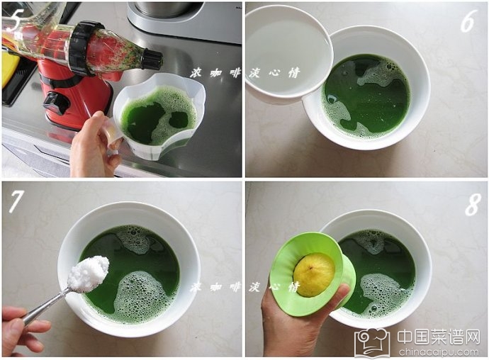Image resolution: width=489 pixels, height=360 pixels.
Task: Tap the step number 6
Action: (468, 21)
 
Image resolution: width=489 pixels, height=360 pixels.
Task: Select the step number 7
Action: (16, 201)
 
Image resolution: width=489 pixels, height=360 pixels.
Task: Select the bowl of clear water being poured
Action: (288, 53)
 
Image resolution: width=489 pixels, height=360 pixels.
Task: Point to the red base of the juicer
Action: (75, 94)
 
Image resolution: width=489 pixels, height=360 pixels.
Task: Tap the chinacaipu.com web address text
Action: (439, 352)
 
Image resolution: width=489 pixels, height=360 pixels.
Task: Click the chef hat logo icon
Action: (373, 342)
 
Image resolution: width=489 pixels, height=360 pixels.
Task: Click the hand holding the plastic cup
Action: (94, 143)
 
